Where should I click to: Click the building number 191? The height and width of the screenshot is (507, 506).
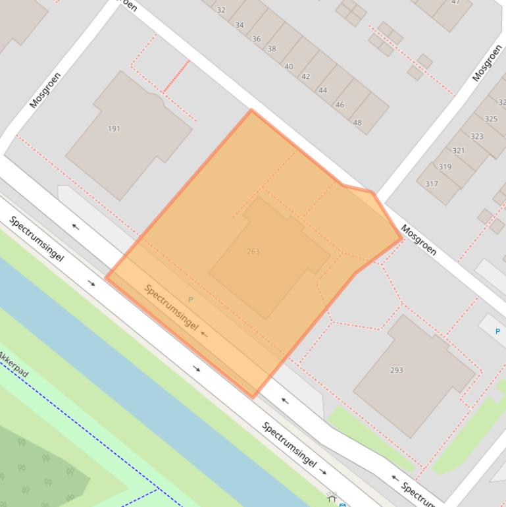[114, 128]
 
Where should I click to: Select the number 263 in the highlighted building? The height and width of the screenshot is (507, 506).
[253, 252]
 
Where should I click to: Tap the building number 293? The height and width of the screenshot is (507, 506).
[396, 370]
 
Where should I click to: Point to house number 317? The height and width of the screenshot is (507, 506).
[431, 184]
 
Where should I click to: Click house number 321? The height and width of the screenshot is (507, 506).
[459, 151]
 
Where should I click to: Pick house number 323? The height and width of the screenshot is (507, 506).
[476, 136]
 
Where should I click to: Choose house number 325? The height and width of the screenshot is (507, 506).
[491, 119]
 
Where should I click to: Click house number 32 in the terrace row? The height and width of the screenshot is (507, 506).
[221, 10]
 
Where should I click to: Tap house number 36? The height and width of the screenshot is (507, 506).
[256, 39]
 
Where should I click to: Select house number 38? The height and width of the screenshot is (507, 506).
[272, 49]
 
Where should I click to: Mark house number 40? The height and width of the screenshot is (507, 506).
[289, 67]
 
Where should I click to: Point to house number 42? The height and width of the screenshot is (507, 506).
[305, 76]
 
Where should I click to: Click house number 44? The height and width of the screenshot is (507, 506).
[322, 91]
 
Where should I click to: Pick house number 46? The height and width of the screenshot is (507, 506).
[340, 105]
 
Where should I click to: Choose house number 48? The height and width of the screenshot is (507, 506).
[357, 122]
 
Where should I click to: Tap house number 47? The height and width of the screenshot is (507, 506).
[455, 2]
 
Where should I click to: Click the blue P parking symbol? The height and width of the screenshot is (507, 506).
[497, 331]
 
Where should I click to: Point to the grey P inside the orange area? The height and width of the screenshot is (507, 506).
[191, 300]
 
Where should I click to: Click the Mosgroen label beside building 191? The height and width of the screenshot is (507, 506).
[45, 90]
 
